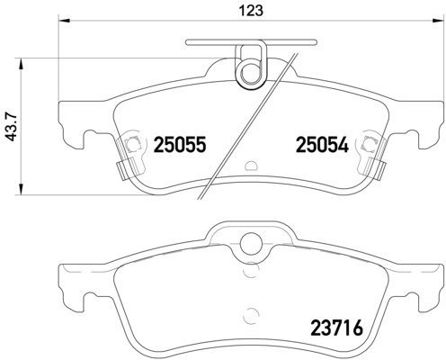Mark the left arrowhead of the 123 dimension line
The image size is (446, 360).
(62, 22)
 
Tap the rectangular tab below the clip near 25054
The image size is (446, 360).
(376, 166)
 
